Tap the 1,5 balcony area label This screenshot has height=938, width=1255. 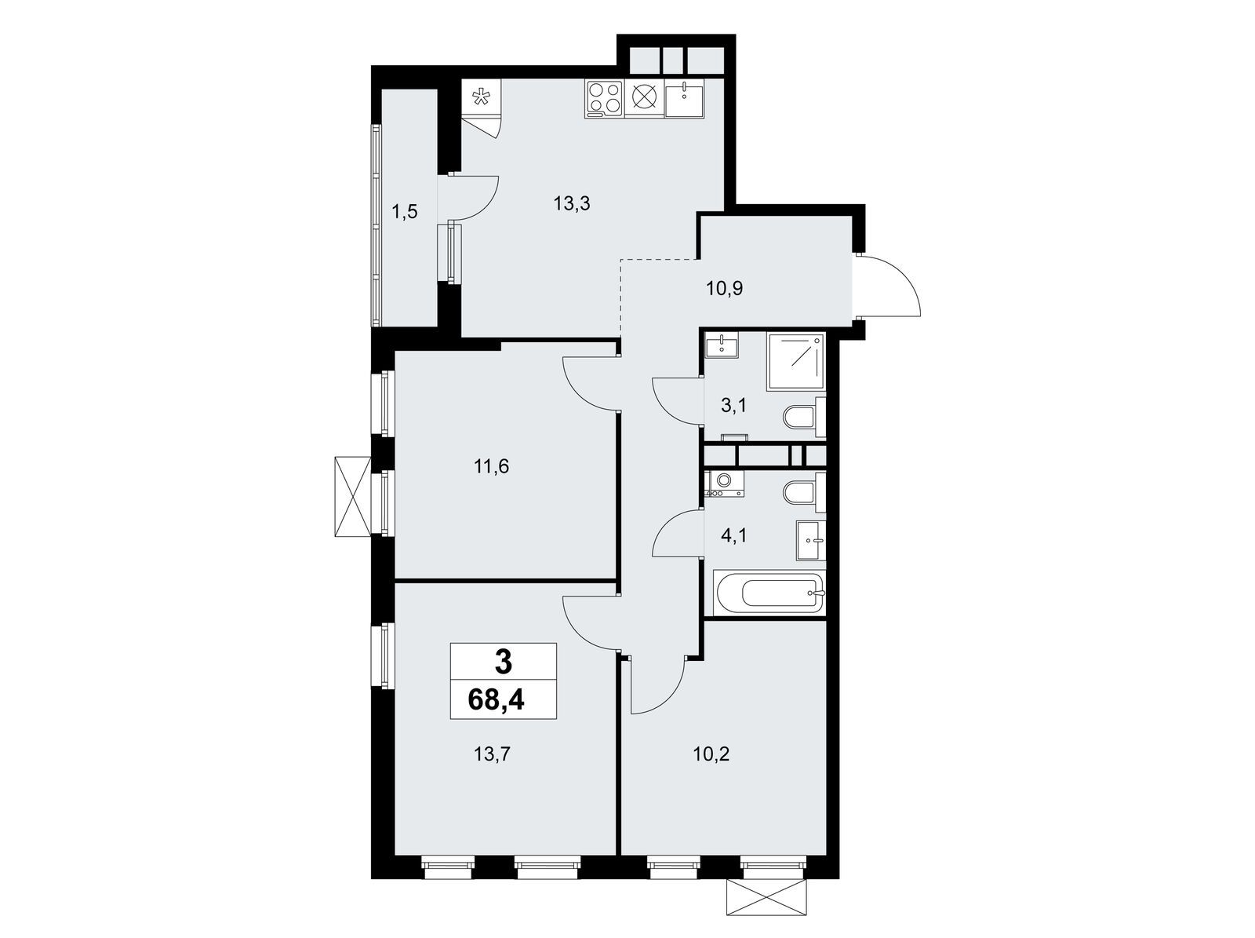pos(404,212)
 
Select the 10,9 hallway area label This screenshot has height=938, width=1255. pos(725,288)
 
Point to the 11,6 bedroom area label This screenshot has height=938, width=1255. pos(491,467)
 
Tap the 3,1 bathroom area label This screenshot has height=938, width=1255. pos(735,406)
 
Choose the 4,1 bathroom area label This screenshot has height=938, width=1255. pos(734,536)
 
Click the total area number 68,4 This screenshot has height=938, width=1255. pos(496,699)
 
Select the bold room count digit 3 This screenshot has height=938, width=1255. pos(503,663)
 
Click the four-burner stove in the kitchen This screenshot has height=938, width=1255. pos(605,99)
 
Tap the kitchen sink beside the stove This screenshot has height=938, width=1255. pos(685,99)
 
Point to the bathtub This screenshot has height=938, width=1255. pos(766,593)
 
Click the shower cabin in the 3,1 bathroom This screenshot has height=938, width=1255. pos(796,362)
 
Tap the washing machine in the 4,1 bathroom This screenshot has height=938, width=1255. pos(725,484)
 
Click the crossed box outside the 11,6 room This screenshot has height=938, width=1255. pos(353,496)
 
